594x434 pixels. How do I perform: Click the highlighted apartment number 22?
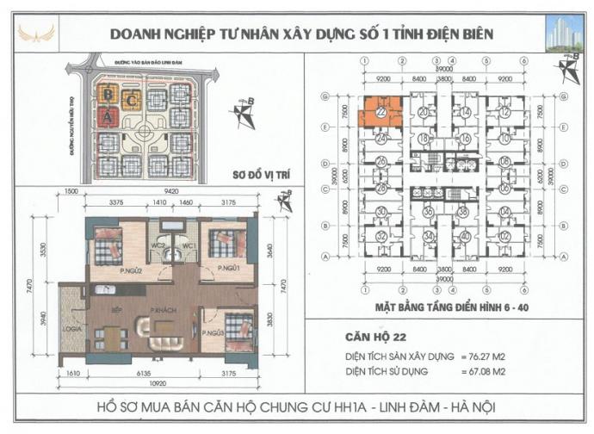(x=381, y=112)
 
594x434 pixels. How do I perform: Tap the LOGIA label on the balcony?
(x=71, y=328)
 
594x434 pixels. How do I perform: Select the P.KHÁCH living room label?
(x=164, y=309)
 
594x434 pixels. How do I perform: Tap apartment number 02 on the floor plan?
(x=505, y=236)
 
